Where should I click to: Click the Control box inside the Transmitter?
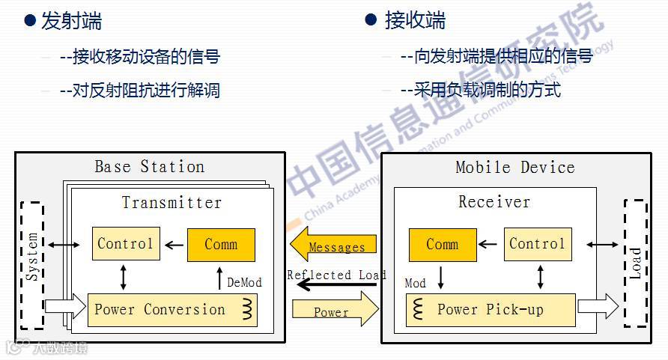pos(126,244)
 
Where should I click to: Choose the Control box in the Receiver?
pos(536,244)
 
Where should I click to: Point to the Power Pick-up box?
pos(491,310)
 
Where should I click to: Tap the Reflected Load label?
pos(336,275)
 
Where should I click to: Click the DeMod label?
pos(244,282)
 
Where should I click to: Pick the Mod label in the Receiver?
pos(415,283)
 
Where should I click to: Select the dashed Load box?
pos(635,263)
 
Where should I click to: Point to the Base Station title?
pos(149,166)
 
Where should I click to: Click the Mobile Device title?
pos(515,167)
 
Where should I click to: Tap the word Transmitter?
pos(171,203)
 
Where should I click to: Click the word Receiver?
pos(494,202)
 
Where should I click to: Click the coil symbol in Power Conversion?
pos(246,309)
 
